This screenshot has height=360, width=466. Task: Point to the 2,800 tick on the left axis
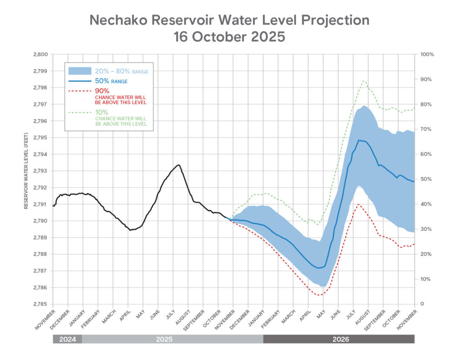pyautogui.click(x=41, y=54)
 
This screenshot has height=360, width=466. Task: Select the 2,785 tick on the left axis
pyautogui.click(x=41, y=304)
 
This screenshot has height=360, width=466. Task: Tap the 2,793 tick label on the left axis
pyautogui.click(x=41, y=171)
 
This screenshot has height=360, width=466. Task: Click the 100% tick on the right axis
pyautogui.click(x=427, y=54)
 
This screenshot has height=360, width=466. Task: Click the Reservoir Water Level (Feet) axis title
pyautogui.click(x=26, y=179)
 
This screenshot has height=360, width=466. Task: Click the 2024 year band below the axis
pyautogui.click(x=67, y=339)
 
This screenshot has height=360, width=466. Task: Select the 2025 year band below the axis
pyautogui.click(x=172, y=339)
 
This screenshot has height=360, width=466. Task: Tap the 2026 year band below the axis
pyautogui.click(x=339, y=339)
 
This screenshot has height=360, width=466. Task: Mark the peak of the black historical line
pyautogui.click(x=178, y=165)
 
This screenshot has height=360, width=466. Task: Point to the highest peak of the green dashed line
pyautogui.click(x=364, y=81)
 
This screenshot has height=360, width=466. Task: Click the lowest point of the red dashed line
pyautogui.click(x=319, y=295)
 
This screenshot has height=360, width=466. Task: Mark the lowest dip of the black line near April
pyautogui.click(x=130, y=230)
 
